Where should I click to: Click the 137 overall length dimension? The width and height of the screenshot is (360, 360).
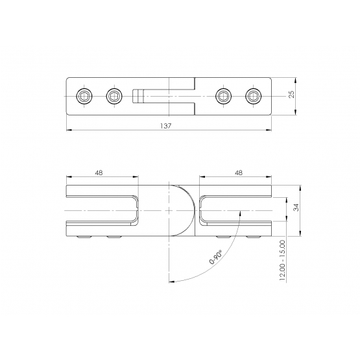pyautogui.click(x=166, y=126)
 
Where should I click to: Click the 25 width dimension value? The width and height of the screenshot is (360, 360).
pyautogui.click(x=291, y=94)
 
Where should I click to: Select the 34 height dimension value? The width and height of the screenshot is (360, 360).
pyautogui.click(x=296, y=208)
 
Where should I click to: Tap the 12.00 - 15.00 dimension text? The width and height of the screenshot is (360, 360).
pyautogui.click(x=282, y=260)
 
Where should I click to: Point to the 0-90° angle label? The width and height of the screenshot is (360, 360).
pyautogui.click(x=215, y=257)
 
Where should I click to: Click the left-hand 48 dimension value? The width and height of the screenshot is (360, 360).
pyautogui.click(x=99, y=173)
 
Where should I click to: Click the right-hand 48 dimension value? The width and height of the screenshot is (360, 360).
pyautogui.click(x=239, y=173)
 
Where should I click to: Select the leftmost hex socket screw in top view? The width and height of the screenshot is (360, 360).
pyautogui.click(x=84, y=96)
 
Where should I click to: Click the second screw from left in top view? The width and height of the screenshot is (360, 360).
pyautogui.click(x=114, y=96)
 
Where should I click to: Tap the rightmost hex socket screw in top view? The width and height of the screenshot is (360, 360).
pyautogui.click(x=254, y=96)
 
